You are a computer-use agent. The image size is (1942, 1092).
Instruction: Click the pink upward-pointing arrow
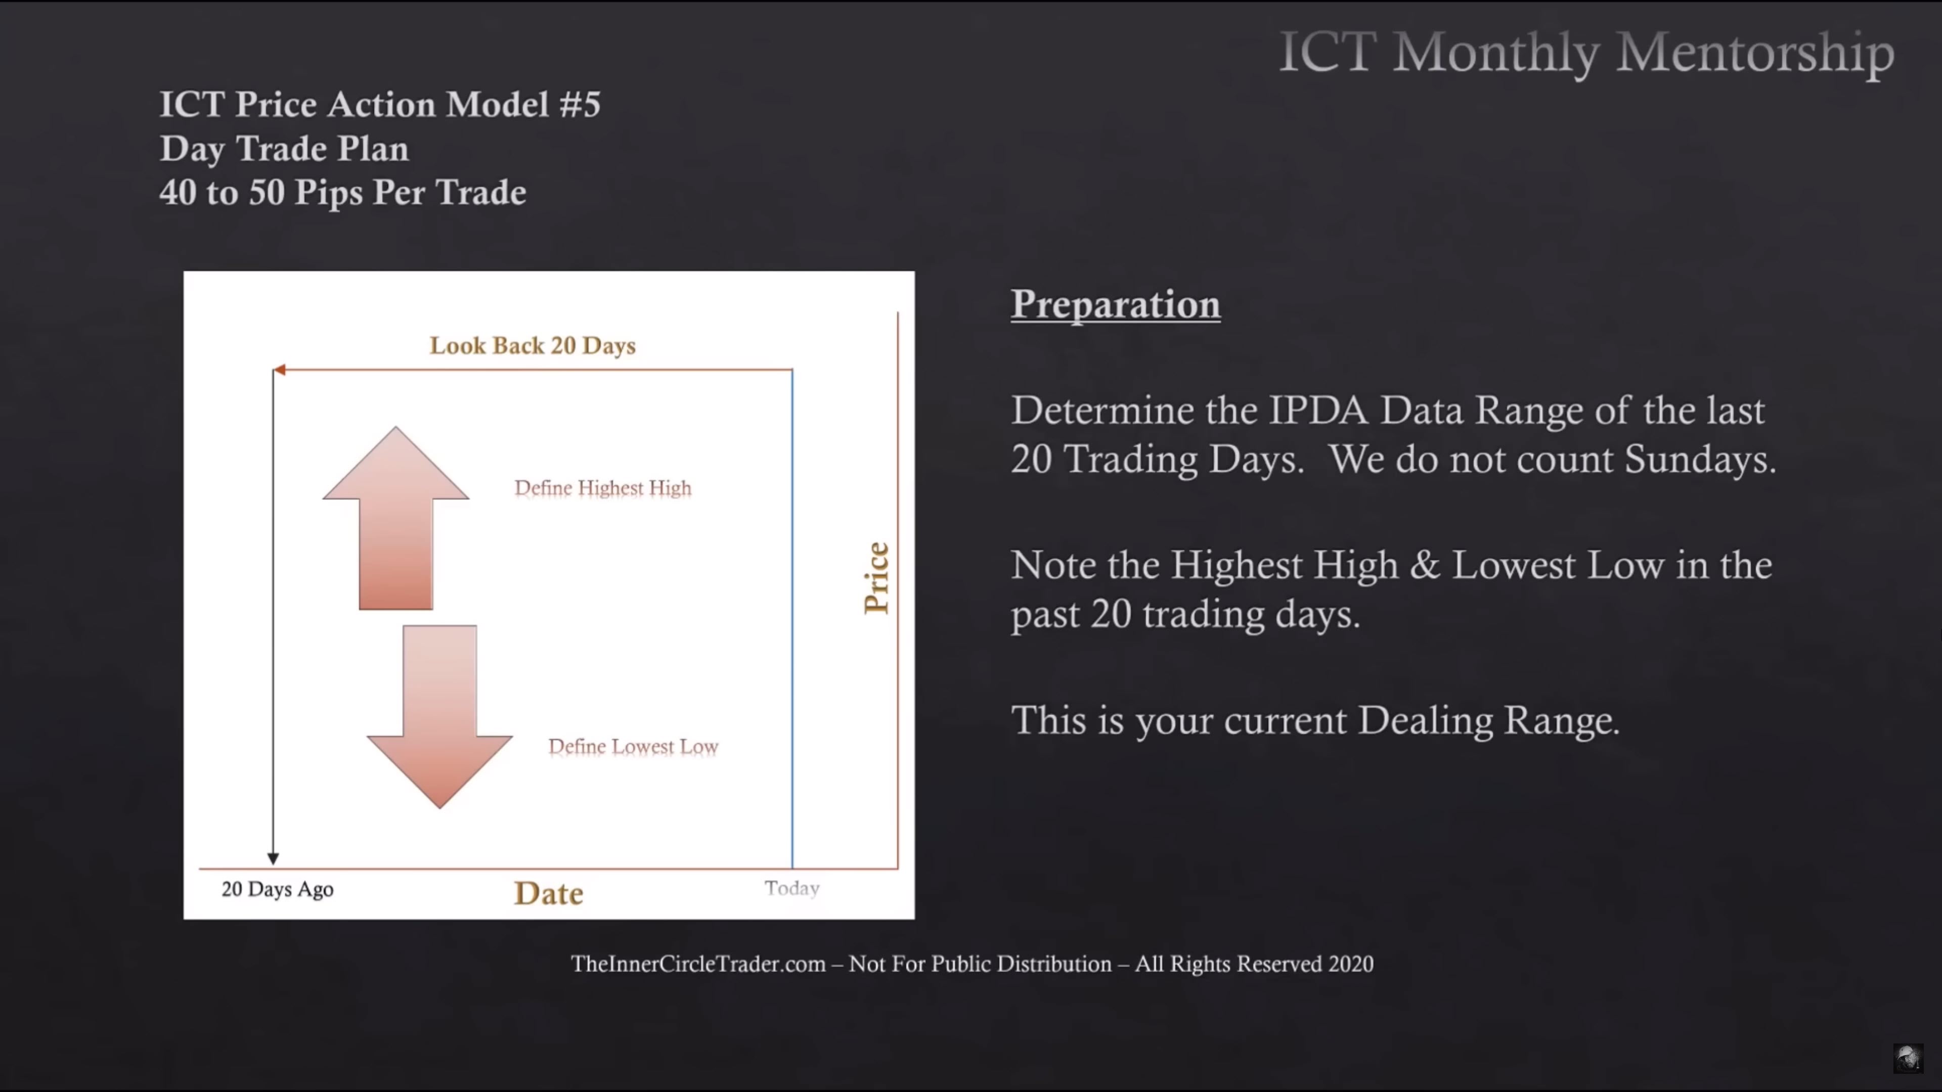(x=396, y=520)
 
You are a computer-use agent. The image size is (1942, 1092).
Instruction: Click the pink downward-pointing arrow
(x=439, y=716)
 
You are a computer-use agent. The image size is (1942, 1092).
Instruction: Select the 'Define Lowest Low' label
(x=633, y=746)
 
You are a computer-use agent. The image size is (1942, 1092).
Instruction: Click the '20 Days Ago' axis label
(x=278, y=889)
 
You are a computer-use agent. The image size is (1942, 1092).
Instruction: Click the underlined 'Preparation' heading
(x=1116, y=304)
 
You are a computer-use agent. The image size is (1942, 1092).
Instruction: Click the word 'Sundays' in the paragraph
(x=1699, y=459)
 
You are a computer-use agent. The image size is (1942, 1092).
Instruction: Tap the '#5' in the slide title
(x=580, y=104)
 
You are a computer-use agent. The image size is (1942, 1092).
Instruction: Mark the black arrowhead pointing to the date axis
(x=273, y=858)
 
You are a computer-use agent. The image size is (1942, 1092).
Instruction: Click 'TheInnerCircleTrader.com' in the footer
(x=698, y=964)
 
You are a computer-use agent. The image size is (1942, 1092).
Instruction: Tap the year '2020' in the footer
(x=1351, y=964)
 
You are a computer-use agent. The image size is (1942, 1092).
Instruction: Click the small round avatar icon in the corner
(x=1908, y=1058)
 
